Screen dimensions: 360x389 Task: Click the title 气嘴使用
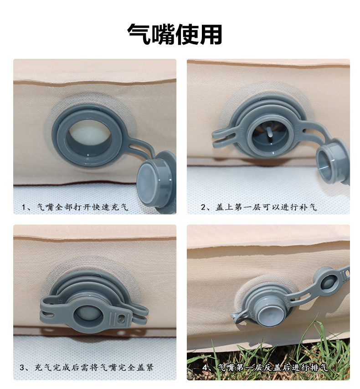pyautogui.click(x=175, y=34)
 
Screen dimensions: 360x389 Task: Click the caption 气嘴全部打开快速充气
pyautogui.click(x=82, y=207)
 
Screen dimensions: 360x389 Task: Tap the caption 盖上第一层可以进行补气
pyautogui.click(x=266, y=207)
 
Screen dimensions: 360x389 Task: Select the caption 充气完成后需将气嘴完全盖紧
pyautogui.click(x=94, y=368)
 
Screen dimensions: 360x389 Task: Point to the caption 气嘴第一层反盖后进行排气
pyautogui.click(x=273, y=368)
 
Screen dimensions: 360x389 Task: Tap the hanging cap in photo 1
pyautogui.click(x=156, y=179)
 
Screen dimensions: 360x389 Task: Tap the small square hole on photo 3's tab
pyautogui.click(x=121, y=319)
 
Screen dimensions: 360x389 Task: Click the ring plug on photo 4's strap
pyautogui.click(x=327, y=283)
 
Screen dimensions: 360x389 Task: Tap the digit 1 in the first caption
pyautogui.click(x=24, y=207)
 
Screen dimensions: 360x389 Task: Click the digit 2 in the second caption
pyautogui.click(x=203, y=207)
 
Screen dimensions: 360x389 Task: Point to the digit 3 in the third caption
pyautogui.click(x=22, y=368)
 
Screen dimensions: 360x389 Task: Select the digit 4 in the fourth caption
pyautogui.click(x=205, y=368)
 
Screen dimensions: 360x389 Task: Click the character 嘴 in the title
pyautogui.click(x=163, y=34)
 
